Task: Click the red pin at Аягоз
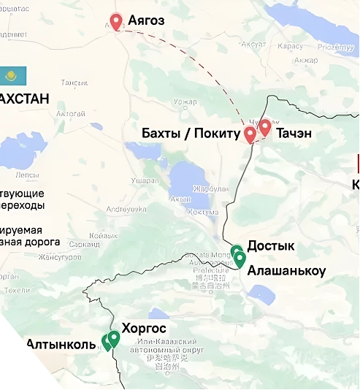116,21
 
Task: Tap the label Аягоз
147,20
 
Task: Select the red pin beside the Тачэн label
264,127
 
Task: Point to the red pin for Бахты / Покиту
250,134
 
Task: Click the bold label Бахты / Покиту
191,133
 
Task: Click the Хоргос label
144,328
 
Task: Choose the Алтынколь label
61,344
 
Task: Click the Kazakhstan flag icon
12,74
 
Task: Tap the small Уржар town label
185,101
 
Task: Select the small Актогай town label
71,114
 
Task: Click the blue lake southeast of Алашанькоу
261,294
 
